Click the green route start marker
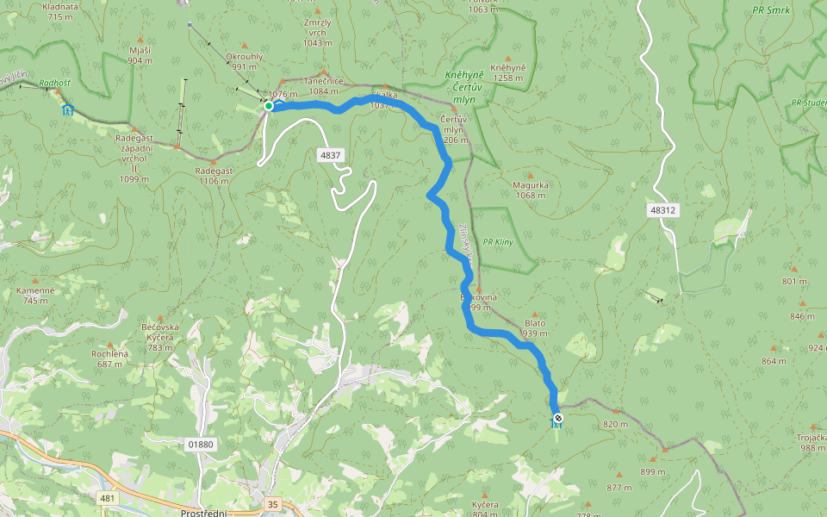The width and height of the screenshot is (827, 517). click(x=269, y=106)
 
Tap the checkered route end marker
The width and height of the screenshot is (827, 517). click(x=557, y=418)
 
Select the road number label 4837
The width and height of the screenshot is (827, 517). click(x=330, y=156)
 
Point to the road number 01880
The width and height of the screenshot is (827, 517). click(x=199, y=445)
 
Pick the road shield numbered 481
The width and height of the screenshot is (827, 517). click(x=108, y=498)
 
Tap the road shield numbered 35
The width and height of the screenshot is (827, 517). click(x=273, y=503)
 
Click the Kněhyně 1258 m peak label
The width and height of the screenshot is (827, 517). click(x=507, y=72)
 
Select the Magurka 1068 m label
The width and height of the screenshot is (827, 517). click(x=530, y=190)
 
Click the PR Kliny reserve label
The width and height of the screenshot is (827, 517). click(x=498, y=242)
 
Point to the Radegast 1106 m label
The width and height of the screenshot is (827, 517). click(x=214, y=176)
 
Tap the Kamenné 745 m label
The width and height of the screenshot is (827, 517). click(x=35, y=296)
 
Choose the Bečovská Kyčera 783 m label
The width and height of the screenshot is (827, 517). click(x=160, y=337)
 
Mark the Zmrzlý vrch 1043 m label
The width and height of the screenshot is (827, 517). click(x=317, y=33)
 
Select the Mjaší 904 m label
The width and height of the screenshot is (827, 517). click(x=140, y=55)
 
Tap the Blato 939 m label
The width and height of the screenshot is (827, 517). click(x=535, y=328)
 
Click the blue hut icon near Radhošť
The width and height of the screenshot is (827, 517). click(x=67, y=109)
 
